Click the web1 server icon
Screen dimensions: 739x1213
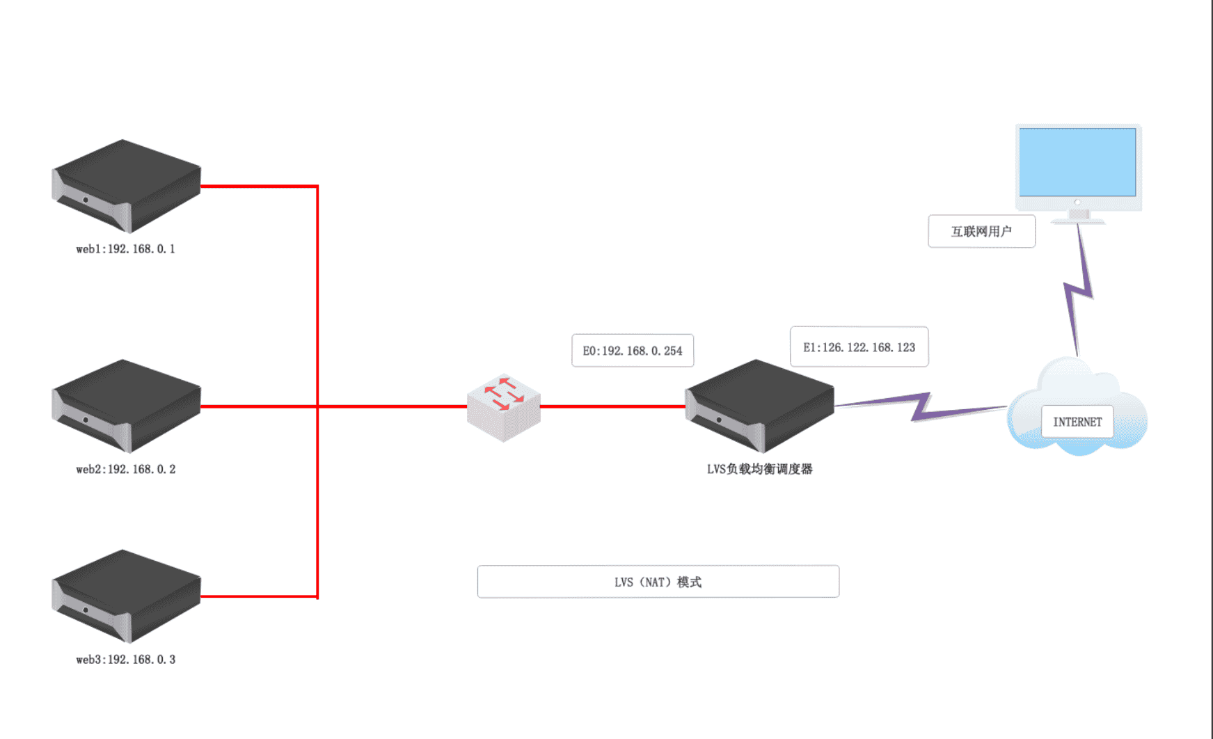point(126,185)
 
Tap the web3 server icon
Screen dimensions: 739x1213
point(126,596)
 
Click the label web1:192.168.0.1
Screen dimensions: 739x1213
point(126,249)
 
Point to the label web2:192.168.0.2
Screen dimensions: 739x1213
point(126,470)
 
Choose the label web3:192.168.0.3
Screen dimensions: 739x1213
point(126,660)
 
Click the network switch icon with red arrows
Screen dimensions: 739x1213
point(503,407)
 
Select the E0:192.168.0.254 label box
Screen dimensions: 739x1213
point(633,351)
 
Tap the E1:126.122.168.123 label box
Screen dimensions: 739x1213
point(859,347)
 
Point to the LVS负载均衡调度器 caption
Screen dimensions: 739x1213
point(759,469)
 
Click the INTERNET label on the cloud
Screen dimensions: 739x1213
point(1077,422)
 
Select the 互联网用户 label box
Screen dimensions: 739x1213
point(981,232)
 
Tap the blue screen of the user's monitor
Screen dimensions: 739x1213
point(1077,162)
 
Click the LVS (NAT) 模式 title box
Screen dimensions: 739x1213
point(658,582)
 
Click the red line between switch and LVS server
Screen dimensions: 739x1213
point(612,406)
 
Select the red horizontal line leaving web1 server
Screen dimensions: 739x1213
point(257,186)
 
